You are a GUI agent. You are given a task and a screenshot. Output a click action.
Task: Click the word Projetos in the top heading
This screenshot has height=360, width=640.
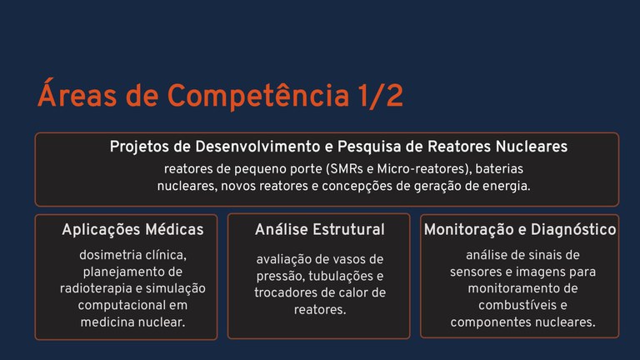pos(138,147)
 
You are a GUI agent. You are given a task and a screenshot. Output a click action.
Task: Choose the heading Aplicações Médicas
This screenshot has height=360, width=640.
pos(132,229)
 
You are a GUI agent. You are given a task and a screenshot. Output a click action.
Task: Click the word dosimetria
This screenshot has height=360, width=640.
pos(114,254)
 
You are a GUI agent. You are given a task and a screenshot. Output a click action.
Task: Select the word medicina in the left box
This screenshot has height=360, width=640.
pos(110,321)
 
